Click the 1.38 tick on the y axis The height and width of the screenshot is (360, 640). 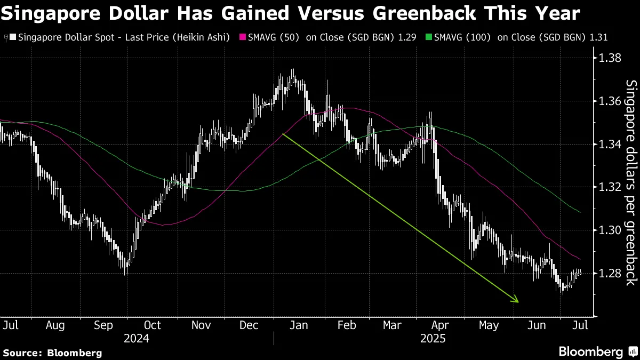point(610,58)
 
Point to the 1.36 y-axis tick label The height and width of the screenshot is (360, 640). point(610,101)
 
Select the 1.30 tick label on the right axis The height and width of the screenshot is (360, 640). point(610,230)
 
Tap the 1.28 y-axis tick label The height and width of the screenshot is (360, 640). point(610,273)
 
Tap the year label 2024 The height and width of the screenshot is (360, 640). point(137,338)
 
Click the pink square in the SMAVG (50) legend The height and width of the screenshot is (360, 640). point(244,38)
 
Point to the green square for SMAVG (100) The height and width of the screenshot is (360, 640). point(430,38)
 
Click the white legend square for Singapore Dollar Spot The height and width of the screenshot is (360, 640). point(13,38)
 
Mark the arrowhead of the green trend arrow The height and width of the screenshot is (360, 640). point(516,300)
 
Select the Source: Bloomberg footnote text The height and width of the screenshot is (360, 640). point(52,353)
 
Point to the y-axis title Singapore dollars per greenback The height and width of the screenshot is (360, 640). point(630,181)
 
